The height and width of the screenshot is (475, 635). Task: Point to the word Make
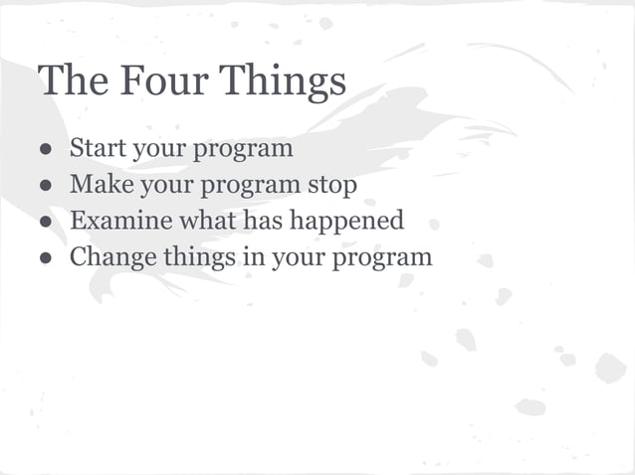click(97, 185)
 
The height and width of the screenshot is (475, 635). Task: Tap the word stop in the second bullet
click(331, 186)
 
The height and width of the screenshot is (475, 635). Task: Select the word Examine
click(112, 221)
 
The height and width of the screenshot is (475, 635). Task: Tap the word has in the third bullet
click(262, 221)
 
